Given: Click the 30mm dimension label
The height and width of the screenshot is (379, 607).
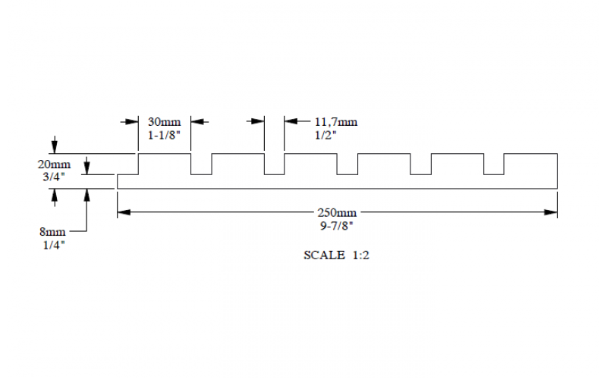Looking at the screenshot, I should (164, 121).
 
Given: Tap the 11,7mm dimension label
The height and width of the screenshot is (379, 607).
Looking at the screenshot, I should (335, 121).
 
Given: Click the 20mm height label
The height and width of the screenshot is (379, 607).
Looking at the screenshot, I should (54, 164).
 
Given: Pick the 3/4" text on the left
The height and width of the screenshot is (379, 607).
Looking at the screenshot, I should (54, 176).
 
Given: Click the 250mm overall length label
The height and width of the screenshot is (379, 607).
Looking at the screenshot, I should (337, 213).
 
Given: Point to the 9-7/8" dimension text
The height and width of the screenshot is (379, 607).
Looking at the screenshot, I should (337, 225).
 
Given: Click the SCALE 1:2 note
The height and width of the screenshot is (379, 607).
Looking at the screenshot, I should (336, 255).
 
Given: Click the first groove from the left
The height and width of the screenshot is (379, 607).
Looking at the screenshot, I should (201, 164).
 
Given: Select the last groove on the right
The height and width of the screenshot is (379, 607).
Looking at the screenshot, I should (494, 164).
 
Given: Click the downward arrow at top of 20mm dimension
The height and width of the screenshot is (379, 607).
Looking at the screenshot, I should (54, 147).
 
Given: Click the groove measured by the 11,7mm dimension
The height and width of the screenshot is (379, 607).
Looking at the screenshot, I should (274, 164).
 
